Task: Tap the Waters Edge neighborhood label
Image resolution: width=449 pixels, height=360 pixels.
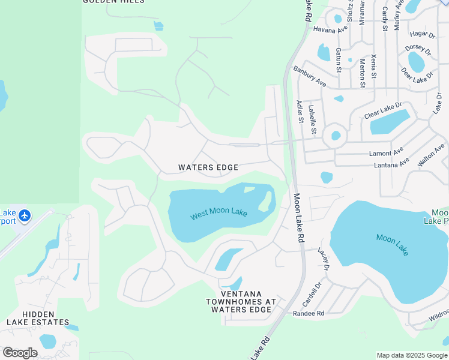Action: (x=208, y=167)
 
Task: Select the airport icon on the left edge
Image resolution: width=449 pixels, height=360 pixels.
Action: (x=25, y=215)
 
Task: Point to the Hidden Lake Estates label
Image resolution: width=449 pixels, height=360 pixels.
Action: (x=38, y=318)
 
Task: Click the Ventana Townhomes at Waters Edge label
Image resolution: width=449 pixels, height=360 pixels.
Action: (x=241, y=302)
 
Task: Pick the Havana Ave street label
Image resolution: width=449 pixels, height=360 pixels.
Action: (x=330, y=29)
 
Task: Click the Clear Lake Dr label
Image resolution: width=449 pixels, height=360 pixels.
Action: (x=382, y=110)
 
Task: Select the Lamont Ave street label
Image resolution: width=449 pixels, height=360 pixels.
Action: (x=387, y=154)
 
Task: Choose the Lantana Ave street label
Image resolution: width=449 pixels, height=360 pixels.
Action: (x=391, y=163)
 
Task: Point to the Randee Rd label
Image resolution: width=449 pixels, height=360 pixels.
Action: (x=309, y=314)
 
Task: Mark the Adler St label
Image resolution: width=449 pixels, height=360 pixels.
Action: (x=299, y=112)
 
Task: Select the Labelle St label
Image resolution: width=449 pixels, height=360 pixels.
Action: (x=312, y=118)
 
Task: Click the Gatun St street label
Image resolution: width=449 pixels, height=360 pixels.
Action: (x=339, y=60)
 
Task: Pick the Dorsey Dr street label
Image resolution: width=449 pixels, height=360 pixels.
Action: (x=418, y=49)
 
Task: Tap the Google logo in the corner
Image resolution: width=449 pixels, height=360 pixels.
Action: (x=20, y=352)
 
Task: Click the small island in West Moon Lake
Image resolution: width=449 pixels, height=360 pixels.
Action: (x=264, y=202)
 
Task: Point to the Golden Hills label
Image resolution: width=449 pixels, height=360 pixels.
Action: (x=113, y=2)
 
